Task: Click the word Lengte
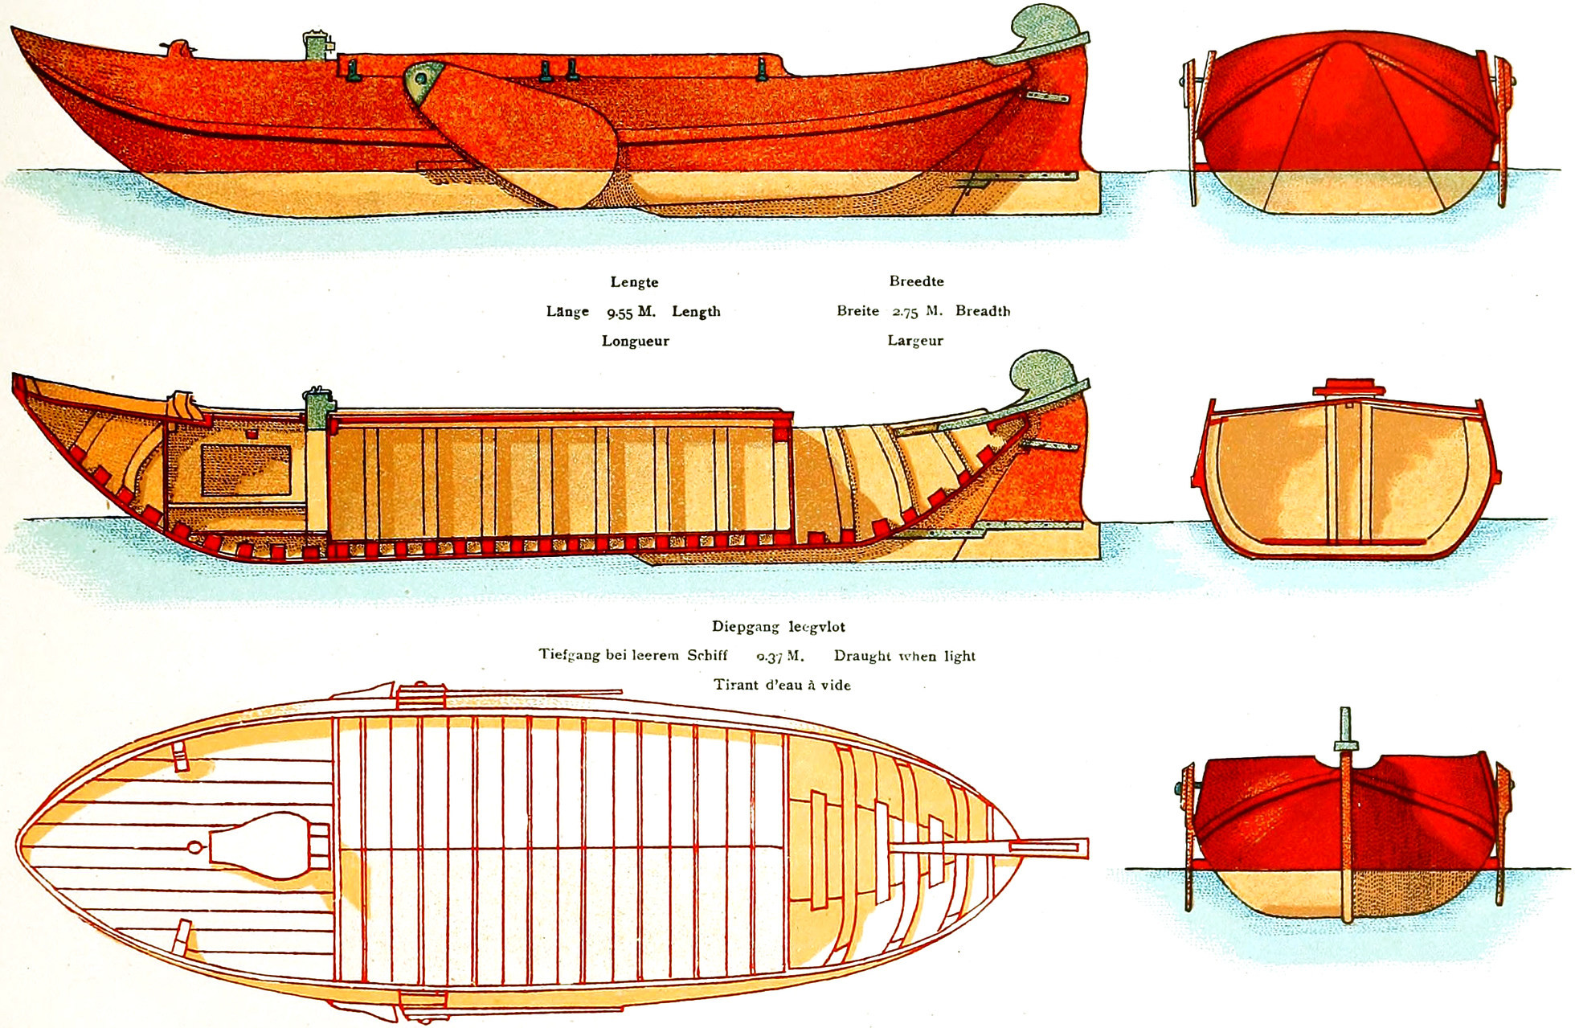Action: coord(634,282)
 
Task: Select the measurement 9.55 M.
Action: coord(631,312)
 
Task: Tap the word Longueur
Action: coord(635,341)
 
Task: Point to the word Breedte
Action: coord(916,281)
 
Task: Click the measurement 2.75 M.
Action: coord(917,311)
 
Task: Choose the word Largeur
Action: coord(915,341)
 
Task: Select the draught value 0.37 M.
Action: coord(779,657)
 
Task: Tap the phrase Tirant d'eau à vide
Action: coord(782,685)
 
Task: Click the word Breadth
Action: coord(983,311)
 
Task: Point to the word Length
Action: coord(696,312)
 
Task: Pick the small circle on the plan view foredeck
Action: coord(194,848)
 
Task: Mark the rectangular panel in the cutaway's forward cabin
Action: coord(245,469)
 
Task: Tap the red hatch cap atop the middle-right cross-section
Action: coord(1349,387)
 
